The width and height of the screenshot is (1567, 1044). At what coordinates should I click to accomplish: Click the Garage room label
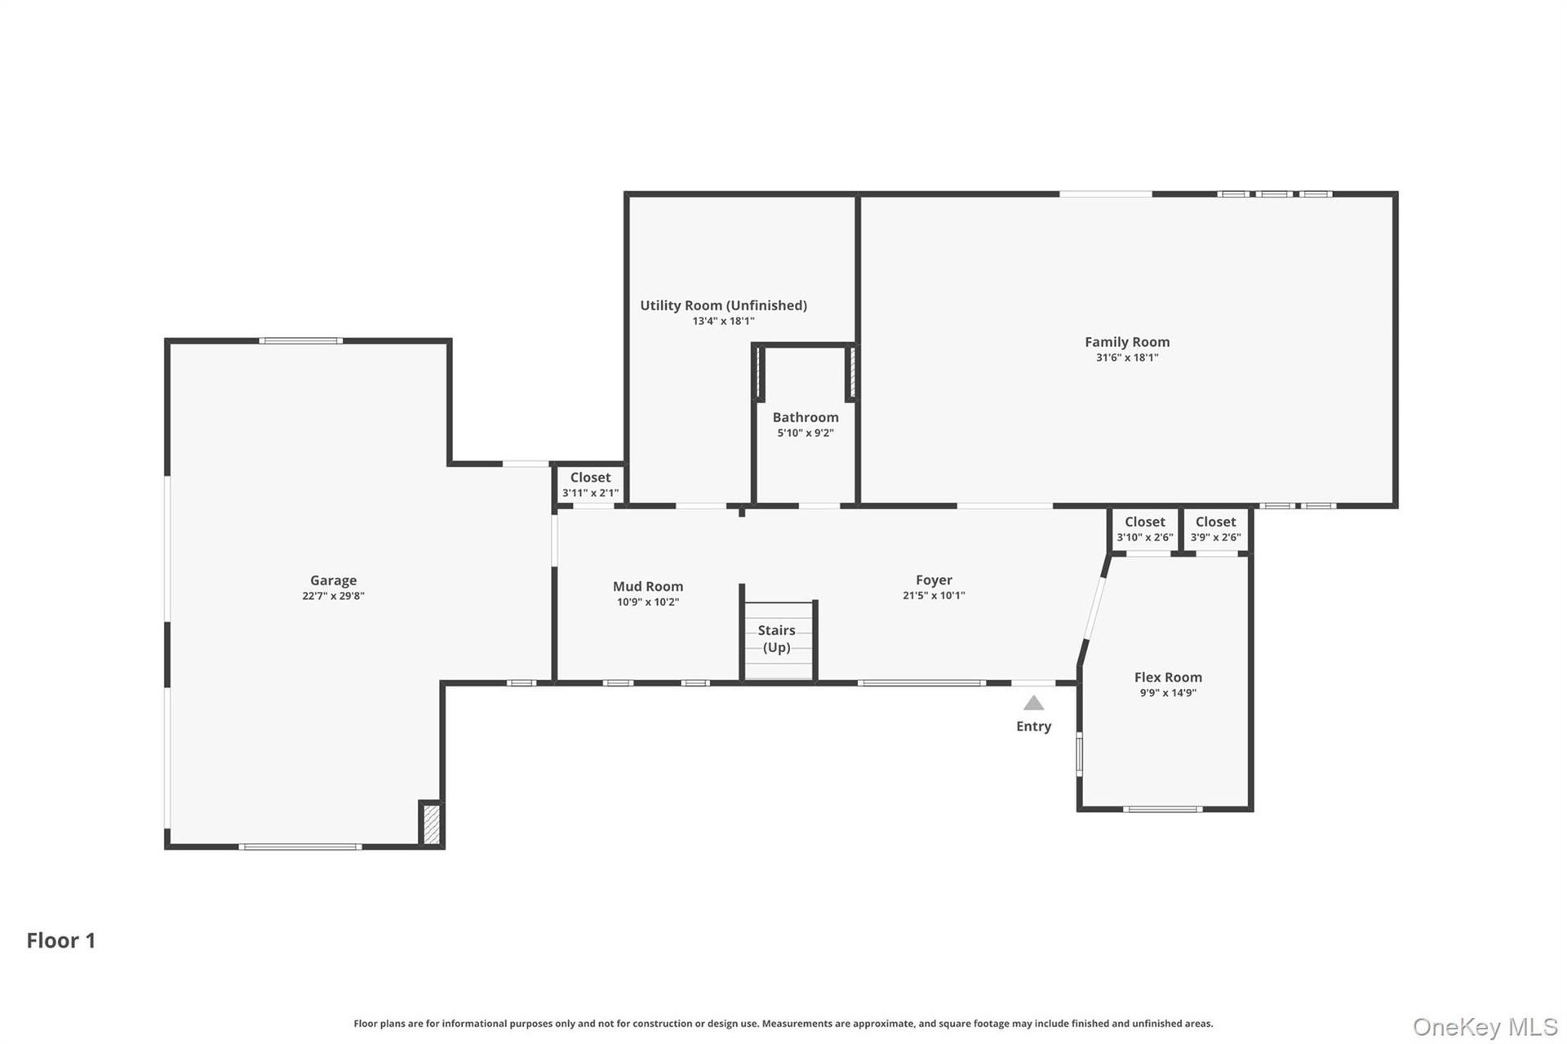pos(333,580)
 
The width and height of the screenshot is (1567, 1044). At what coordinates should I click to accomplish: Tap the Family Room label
pos(1127,342)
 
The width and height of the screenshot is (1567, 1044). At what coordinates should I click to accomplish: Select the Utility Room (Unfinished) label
pos(723,305)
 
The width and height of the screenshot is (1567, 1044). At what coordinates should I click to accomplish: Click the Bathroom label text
pos(806,417)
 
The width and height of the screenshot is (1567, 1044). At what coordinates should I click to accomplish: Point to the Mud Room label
pos(648,586)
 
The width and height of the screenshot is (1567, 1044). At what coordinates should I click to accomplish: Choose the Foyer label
pos(934,580)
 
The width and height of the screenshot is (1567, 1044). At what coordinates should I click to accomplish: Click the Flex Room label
pos(1168,677)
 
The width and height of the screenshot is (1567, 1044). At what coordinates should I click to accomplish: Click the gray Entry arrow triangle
pos(1034,703)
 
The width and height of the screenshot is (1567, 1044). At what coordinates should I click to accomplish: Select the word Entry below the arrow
pos(1033,726)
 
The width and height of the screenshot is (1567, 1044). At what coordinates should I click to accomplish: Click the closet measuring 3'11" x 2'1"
pos(590,485)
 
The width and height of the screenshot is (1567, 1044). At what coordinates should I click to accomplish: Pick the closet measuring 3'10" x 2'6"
pos(1145,529)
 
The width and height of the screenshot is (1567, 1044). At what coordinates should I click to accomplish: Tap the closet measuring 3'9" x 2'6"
pos(1215,529)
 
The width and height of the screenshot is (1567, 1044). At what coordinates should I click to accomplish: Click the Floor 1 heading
pos(61,940)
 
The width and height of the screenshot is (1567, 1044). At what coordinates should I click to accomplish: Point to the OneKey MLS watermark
pos(1485,1027)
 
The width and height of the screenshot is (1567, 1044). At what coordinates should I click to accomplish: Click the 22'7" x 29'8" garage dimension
pos(333,596)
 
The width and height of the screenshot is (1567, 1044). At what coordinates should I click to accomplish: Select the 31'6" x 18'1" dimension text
pos(1127,358)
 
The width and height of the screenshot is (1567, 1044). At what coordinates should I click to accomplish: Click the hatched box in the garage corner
pos(432,824)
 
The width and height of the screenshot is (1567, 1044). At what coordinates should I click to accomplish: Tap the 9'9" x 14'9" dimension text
pos(1168,693)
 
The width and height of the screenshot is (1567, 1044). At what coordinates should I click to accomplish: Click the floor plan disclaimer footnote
pos(783,1024)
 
